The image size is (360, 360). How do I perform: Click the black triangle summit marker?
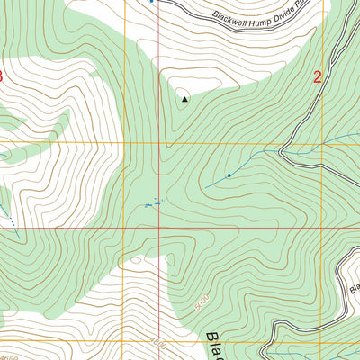185,100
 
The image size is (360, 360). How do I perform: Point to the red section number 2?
318,76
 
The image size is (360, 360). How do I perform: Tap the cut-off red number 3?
2,76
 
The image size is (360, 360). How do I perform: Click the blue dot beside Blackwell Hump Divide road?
151,2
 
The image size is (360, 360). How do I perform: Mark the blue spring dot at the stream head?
229,175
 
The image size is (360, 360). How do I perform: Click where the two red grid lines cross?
159,144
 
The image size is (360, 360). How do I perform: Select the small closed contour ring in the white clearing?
136,262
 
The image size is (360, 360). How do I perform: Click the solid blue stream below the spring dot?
216,182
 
